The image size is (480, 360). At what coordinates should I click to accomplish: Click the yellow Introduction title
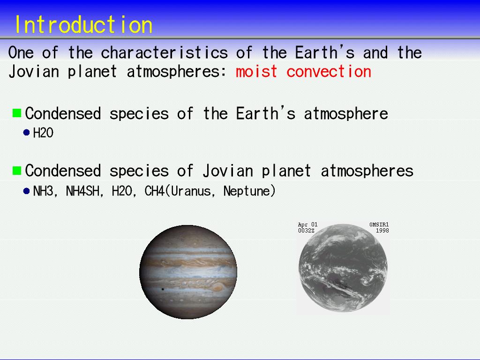pos(83,24)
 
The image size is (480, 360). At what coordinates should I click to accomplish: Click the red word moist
pos(256,72)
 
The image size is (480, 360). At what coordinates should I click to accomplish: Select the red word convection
pos(329,72)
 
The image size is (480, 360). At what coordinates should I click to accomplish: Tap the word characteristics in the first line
pos(165,52)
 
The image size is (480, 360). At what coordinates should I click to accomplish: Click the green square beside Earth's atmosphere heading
pos(17,113)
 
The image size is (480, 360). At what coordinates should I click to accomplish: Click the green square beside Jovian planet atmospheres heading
pos(17,170)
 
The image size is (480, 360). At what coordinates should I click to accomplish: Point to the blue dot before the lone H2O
pos(27,133)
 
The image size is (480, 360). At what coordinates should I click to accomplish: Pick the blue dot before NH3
pos(27,191)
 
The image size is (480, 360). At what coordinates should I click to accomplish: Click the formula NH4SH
pos(82,191)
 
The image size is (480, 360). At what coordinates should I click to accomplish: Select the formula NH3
pos(43,191)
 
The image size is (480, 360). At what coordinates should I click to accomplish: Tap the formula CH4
pos(155,191)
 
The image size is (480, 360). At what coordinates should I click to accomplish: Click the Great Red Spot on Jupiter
pos(218,287)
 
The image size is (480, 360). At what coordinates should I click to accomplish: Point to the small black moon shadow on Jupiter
pos(163,289)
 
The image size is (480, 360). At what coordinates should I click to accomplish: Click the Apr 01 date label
pos(307,225)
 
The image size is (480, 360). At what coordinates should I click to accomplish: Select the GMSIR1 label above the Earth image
pos(379,225)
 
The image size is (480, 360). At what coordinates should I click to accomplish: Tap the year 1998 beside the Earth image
pos(382,231)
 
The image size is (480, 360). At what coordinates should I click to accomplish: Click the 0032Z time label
pos(306,231)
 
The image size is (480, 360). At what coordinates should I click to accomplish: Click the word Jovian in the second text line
pos(34,72)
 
